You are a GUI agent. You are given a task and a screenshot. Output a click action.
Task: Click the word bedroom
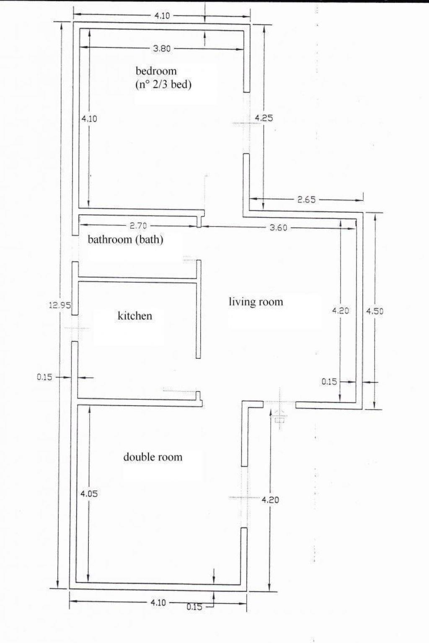(156, 71)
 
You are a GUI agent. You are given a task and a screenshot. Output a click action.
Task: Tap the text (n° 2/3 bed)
(163, 85)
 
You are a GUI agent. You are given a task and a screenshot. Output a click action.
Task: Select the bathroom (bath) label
(126, 239)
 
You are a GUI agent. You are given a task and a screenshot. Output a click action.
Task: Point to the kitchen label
(135, 316)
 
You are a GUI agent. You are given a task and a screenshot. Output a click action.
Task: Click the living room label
(256, 302)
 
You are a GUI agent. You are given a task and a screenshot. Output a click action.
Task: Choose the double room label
(153, 457)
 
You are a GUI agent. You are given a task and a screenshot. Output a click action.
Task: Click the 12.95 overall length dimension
(60, 305)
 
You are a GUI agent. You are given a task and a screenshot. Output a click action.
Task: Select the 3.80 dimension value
(162, 49)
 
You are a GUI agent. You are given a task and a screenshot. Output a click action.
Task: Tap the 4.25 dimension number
(264, 118)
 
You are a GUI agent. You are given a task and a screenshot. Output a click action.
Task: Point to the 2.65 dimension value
(306, 200)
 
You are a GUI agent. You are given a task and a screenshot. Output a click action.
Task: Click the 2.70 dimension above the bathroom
(138, 226)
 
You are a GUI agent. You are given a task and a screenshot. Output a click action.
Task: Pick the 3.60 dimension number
(278, 228)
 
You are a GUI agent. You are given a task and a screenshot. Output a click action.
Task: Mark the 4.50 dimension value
(375, 311)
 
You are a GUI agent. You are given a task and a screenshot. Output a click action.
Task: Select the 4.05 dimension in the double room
(89, 494)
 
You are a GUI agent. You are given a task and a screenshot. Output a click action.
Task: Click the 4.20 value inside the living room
(341, 311)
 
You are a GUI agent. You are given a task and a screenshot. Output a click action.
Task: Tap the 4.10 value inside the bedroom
(89, 118)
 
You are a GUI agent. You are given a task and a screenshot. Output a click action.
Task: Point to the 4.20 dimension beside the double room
(270, 500)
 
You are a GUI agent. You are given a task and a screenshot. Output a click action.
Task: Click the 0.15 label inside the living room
(329, 382)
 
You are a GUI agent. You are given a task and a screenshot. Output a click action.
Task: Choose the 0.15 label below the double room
(194, 607)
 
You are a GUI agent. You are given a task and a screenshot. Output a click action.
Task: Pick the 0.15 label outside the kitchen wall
(44, 377)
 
